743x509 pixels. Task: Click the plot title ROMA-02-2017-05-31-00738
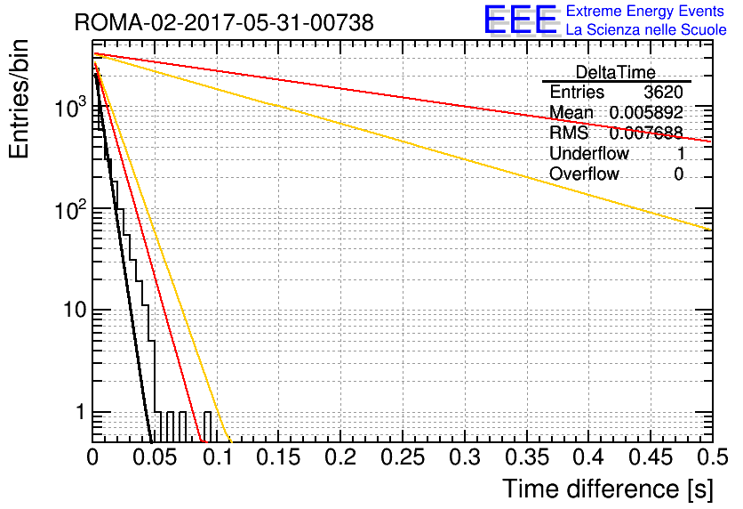click(224, 22)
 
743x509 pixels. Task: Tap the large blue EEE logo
click(520, 20)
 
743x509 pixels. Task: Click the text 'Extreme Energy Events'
click(645, 11)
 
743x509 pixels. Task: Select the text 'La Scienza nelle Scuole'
click(646, 29)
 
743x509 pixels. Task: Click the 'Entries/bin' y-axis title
click(20, 99)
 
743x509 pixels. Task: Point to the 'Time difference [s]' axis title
click(608, 489)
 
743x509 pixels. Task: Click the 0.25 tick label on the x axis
click(403, 457)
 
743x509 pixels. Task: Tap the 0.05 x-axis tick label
click(155, 457)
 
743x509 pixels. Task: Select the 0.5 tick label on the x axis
click(712, 457)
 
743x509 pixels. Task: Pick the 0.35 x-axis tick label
click(527, 457)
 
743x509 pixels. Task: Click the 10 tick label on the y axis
click(76, 311)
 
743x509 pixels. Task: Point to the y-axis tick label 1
click(81, 412)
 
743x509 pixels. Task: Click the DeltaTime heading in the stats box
click(616, 72)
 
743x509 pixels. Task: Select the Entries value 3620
click(663, 92)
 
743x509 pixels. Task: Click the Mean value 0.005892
click(646, 112)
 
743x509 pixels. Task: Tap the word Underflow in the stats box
click(589, 153)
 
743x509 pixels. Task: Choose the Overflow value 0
click(678, 174)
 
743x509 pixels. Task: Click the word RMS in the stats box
click(569, 133)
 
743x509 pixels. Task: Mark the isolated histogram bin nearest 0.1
click(208, 427)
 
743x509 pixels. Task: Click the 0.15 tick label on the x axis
click(279, 457)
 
